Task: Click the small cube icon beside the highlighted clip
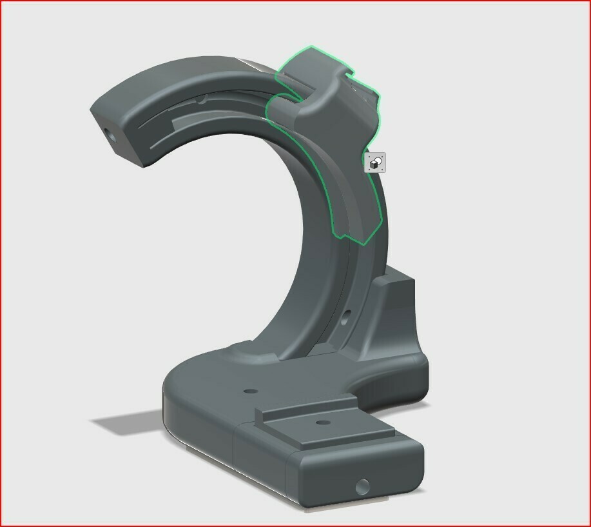coord(375,163)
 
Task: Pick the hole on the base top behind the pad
coord(249,392)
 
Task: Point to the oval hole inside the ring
coord(346,316)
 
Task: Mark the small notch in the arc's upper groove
coord(202,100)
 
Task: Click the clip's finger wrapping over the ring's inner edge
coord(282,110)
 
